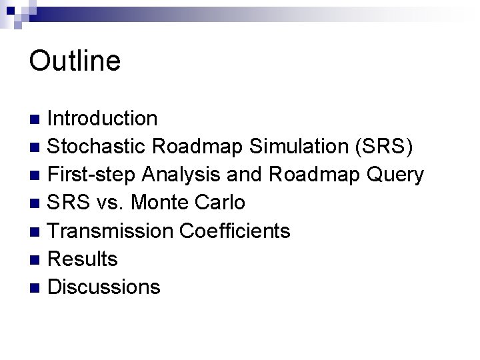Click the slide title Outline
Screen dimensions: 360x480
tap(75, 61)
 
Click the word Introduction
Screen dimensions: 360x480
tap(103, 119)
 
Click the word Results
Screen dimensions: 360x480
tap(83, 259)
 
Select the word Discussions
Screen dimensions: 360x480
tap(105, 287)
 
